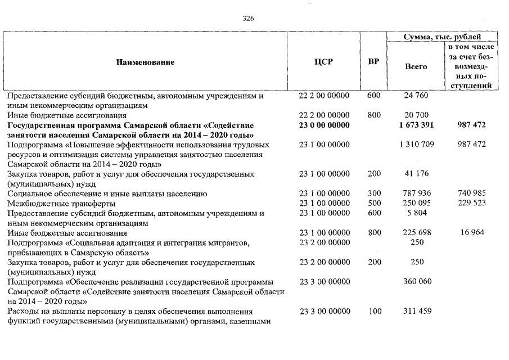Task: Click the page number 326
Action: pos(248,18)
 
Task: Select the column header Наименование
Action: pos(145,62)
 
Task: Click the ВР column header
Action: pos(373,62)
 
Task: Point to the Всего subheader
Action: pos(416,66)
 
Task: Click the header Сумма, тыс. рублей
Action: pos(443,37)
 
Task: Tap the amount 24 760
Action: pos(416,96)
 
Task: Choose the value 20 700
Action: pos(416,115)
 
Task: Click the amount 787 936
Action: pos(416,193)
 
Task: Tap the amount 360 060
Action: pos(416,281)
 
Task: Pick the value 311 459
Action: pos(416,311)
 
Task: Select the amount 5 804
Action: pos(416,213)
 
